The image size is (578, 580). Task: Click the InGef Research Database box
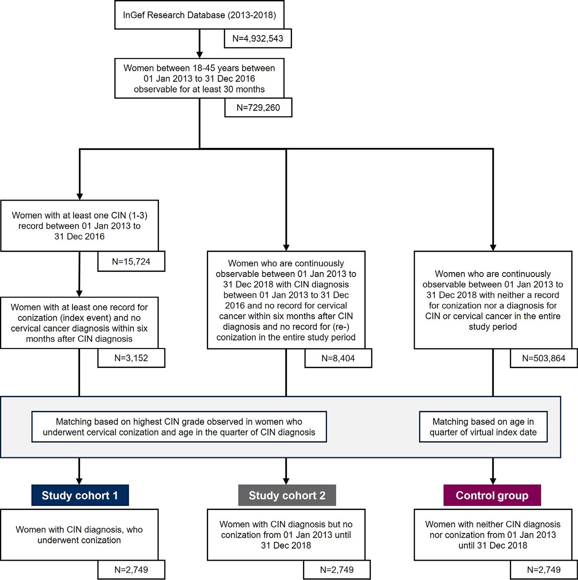click(x=199, y=15)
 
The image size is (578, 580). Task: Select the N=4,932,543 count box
click(x=258, y=38)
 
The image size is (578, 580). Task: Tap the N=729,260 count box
click(x=258, y=107)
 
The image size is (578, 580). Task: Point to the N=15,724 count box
click(x=131, y=261)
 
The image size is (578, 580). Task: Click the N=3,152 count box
click(x=131, y=358)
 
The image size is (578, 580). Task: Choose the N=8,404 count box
click(x=338, y=358)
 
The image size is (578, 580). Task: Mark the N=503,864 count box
click(x=544, y=358)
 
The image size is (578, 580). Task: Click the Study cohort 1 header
click(x=80, y=496)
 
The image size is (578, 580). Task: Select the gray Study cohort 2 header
click(x=287, y=496)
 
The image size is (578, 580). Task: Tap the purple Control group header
click(x=492, y=496)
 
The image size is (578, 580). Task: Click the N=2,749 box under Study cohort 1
click(x=131, y=569)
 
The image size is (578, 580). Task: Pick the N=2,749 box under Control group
click(x=544, y=569)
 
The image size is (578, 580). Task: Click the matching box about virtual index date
click(x=483, y=427)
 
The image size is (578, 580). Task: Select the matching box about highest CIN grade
click(x=179, y=427)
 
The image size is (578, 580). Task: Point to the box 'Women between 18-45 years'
click(x=199, y=78)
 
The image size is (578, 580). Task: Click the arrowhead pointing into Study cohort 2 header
click(x=286, y=481)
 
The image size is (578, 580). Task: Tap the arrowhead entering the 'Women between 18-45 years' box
click(x=199, y=55)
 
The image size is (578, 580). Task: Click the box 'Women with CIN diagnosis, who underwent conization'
click(x=79, y=535)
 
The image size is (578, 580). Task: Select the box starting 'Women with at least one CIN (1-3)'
click(x=79, y=226)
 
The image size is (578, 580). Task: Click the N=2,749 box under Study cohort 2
click(x=337, y=569)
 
